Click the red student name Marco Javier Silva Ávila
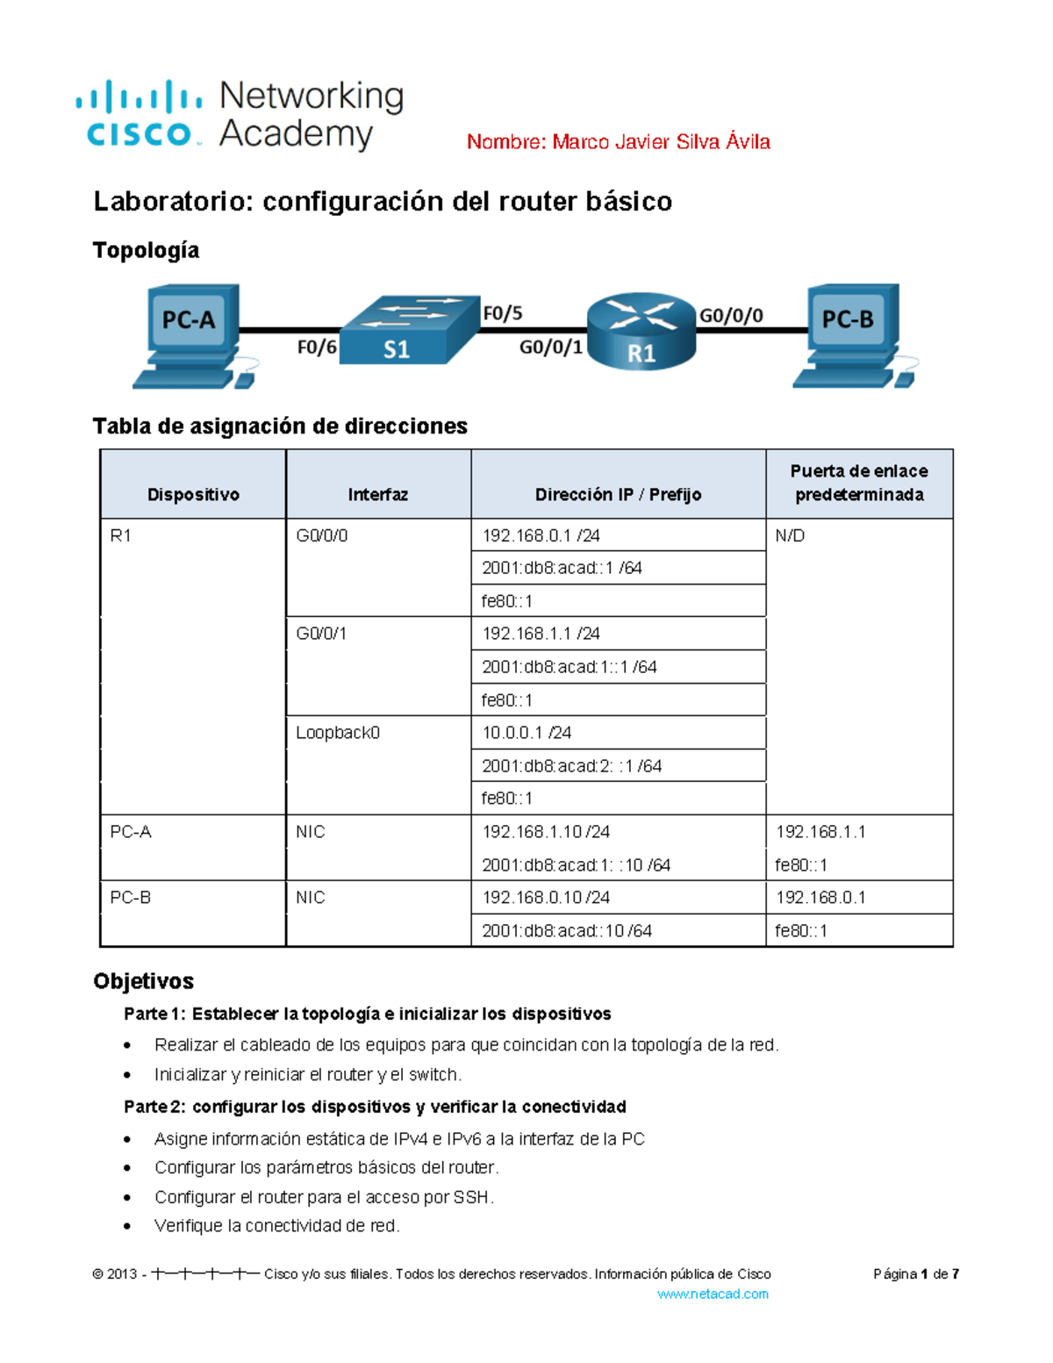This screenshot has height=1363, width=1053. [x=618, y=142]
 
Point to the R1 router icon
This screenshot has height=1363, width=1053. [x=641, y=331]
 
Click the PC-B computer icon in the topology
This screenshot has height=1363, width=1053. [x=852, y=334]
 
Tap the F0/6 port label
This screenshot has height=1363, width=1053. [x=316, y=348]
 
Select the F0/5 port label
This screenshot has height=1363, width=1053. [x=502, y=313]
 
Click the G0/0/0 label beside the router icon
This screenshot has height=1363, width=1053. [x=730, y=316]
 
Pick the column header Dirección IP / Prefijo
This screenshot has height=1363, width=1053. [x=618, y=495]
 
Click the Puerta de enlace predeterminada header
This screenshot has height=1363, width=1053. [x=859, y=484]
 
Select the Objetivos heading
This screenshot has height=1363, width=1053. [x=143, y=981]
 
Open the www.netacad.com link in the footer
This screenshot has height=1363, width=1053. [x=713, y=1295]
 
